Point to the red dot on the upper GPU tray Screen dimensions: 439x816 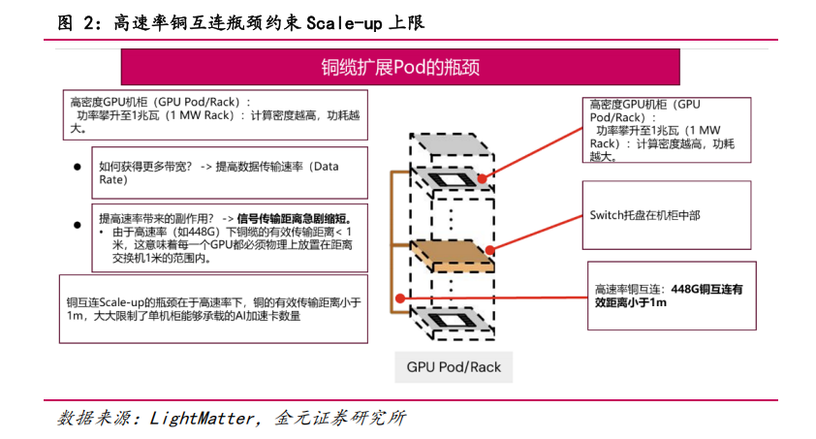(482, 178)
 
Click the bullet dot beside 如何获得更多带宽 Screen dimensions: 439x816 (77, 167)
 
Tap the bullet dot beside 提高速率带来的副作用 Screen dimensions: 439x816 (77, 224)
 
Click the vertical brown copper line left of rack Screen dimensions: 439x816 (392, 242)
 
